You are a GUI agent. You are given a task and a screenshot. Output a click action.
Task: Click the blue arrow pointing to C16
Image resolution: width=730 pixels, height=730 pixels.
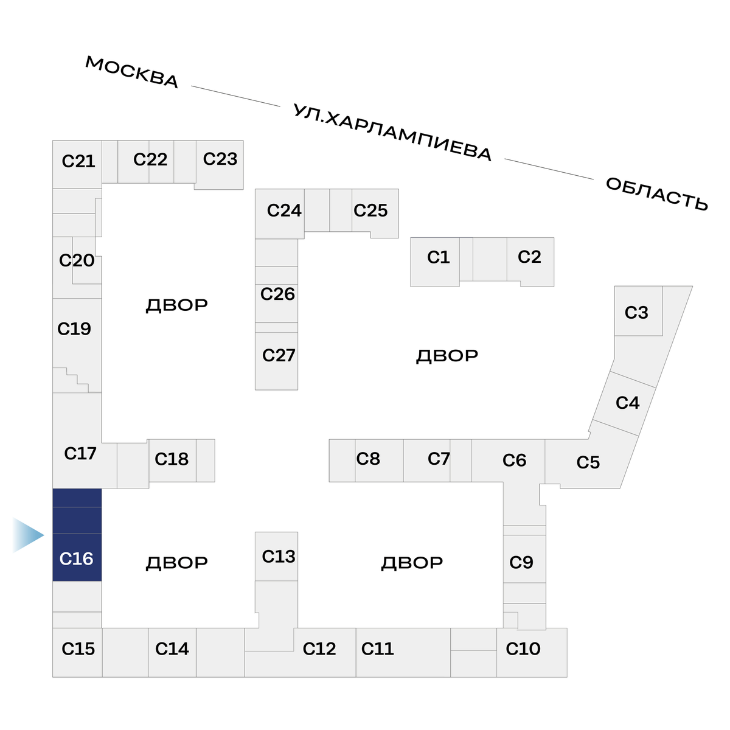click(x=28, y=535)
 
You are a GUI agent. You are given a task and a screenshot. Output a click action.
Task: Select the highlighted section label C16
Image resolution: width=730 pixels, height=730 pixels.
click(x=76, y=558)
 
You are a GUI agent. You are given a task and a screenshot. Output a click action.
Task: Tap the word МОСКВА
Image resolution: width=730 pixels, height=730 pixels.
click(x=131, y=72)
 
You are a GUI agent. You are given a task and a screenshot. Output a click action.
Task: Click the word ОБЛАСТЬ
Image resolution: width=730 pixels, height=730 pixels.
click(x=657, y=194)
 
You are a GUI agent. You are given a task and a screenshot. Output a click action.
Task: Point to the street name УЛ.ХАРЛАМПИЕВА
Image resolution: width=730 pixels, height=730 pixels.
click(x=392, y=133)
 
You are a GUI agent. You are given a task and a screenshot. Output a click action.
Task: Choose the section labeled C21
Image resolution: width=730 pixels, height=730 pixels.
click(x=78, y=161)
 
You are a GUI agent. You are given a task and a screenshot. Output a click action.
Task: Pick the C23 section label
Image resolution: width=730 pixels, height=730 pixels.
click(x=220, y=159)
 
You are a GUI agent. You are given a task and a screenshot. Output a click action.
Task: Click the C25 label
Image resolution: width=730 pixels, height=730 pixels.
click(x=370, y=210)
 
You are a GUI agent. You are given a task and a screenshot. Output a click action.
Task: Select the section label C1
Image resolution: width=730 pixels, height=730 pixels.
click(x=438, y=257)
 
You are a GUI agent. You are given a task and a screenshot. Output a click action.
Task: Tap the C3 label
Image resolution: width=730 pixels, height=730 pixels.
click(x=636, y=313)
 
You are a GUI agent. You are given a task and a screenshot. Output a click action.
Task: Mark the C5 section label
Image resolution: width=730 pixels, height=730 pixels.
click(x=588, y=462)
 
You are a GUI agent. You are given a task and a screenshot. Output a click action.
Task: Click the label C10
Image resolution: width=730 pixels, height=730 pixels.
click(x=523, y=648)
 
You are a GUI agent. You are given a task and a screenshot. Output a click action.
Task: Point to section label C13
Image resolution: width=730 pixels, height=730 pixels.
click(x=278, y=556)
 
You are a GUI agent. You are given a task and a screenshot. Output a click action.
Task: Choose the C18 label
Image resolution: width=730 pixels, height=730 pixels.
click(x=172, y=459)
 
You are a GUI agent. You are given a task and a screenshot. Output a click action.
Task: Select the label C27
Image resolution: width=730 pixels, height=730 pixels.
click(x=278, y=355)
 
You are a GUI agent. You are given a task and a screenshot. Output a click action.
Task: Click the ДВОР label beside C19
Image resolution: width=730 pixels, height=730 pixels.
click(x=176, y=305)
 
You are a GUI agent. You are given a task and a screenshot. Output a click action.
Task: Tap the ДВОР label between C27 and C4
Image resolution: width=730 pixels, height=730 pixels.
click(x=447, y=355)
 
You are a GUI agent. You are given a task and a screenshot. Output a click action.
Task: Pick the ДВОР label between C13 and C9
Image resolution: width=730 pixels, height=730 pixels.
click(x=412, y=563)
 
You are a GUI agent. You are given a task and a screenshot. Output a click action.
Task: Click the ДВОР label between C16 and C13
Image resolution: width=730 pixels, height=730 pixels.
click(x=176, y=563)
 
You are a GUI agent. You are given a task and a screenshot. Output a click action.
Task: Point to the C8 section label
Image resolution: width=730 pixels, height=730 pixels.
click(x=368, y=459)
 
